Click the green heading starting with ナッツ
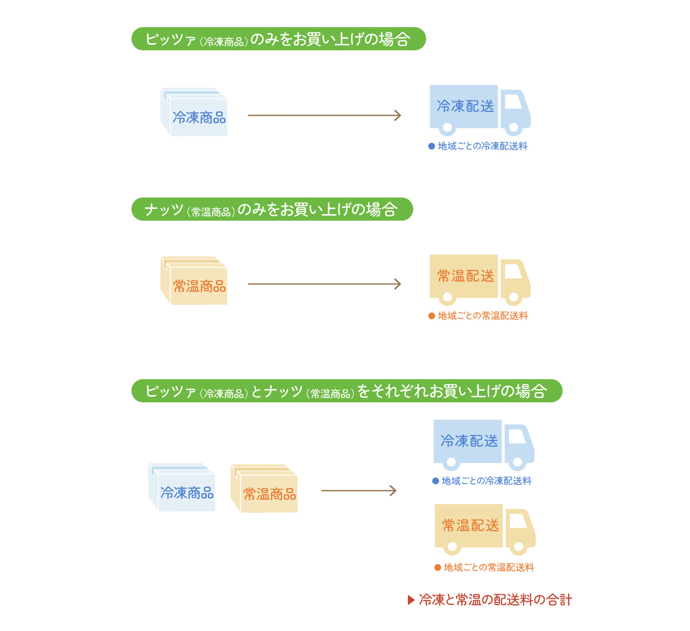coord(272,209)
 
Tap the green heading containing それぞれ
coord(347,391)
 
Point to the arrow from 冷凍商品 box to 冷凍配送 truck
coord(324,115)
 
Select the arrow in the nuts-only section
coord(324,284)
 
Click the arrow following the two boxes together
coord(359,491)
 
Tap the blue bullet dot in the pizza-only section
coord(432,147)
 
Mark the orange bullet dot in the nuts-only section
coord(432,316)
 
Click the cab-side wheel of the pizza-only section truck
coord(514,128)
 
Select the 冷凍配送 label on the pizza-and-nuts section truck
coord(469,441)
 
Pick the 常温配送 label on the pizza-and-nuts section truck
coord(470,526)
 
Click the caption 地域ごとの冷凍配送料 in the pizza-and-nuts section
coord(486,481)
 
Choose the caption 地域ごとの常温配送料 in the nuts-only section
coord(482,316)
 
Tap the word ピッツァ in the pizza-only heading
coord(170,39)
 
